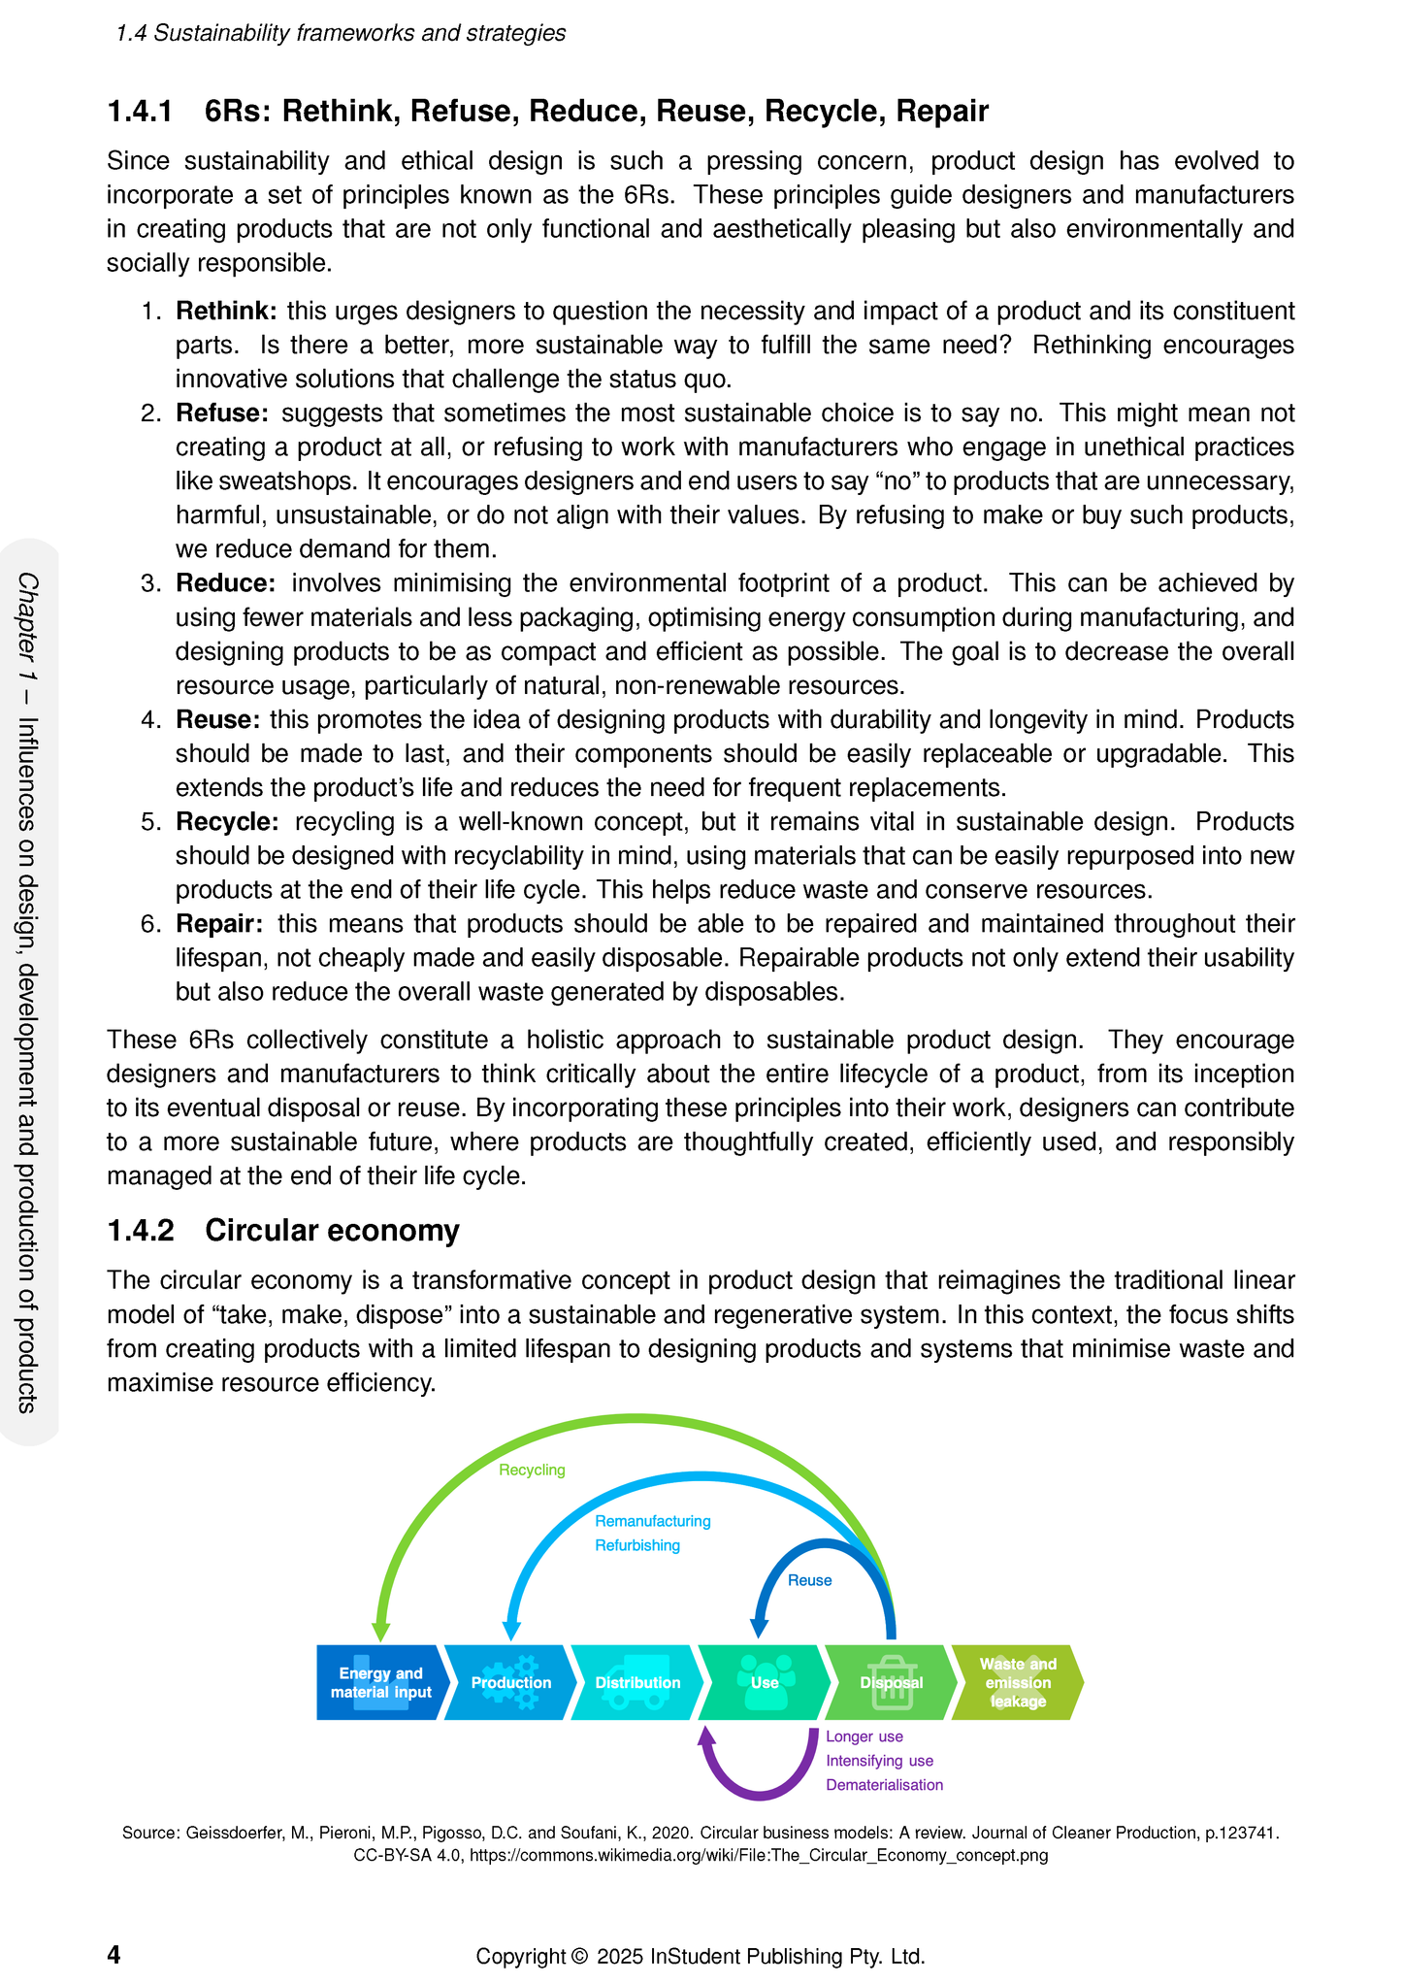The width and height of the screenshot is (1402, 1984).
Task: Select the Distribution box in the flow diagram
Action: [x=636, y=1682]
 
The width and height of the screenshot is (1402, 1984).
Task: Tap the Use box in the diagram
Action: [x=764, y=1682]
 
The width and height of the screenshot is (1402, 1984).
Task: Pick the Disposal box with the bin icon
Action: [x=890, y=1682]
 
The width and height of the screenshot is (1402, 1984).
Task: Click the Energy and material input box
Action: [x=380, y=1682]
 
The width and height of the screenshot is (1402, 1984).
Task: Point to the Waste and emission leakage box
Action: [x=1017, y=1682]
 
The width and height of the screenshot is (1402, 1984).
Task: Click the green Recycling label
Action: [x=532, y=1470]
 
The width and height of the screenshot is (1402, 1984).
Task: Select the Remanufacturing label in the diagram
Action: [x=652, y=1521]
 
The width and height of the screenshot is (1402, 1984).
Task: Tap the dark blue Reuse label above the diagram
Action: [x=809, y=1580]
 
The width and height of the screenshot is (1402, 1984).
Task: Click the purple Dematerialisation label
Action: [x=884, y=1784]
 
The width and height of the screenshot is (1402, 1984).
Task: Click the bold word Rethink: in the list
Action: [x=226, y=312]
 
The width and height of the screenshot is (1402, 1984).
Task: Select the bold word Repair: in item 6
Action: [x=218, y=924]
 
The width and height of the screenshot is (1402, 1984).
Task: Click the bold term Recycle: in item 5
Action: [x=227, y=822]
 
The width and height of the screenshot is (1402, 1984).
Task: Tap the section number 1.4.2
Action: [x=141, y=1231]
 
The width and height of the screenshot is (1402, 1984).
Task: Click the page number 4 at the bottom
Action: [x=114, y=1954]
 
